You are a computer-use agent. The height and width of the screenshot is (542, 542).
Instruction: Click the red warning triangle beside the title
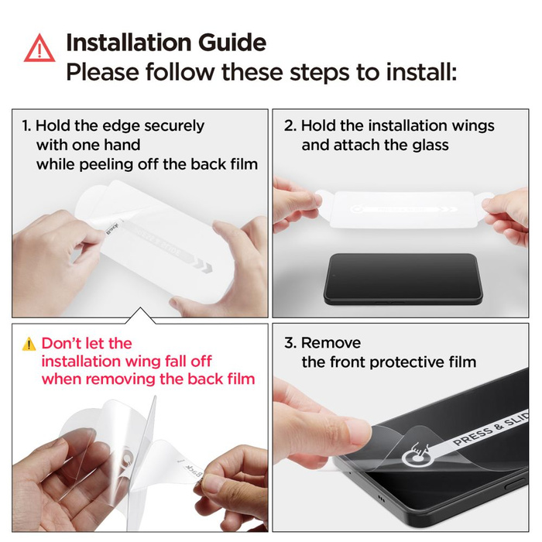pyautogui.click(x=39, y=49)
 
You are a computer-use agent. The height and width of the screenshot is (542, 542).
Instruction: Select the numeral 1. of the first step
pyautogui.click(x=26, y=125)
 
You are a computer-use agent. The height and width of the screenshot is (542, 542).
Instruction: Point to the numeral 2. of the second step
pyautogui.click(x=290, y=125)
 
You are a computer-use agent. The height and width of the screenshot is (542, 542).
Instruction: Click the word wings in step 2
pyautogui.click(x=468, y=125)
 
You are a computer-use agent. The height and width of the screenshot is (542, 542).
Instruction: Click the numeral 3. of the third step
pyautogui.click(x=290, y=343)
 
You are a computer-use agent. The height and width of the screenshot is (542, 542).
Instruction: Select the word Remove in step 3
pyautogui.click(x=331, y=343)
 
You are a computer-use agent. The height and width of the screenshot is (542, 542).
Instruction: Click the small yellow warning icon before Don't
pyautogui.click(x=29, y=344)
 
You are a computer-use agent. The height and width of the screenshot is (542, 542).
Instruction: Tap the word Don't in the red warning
pyautogui.click(x=63, y=343)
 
